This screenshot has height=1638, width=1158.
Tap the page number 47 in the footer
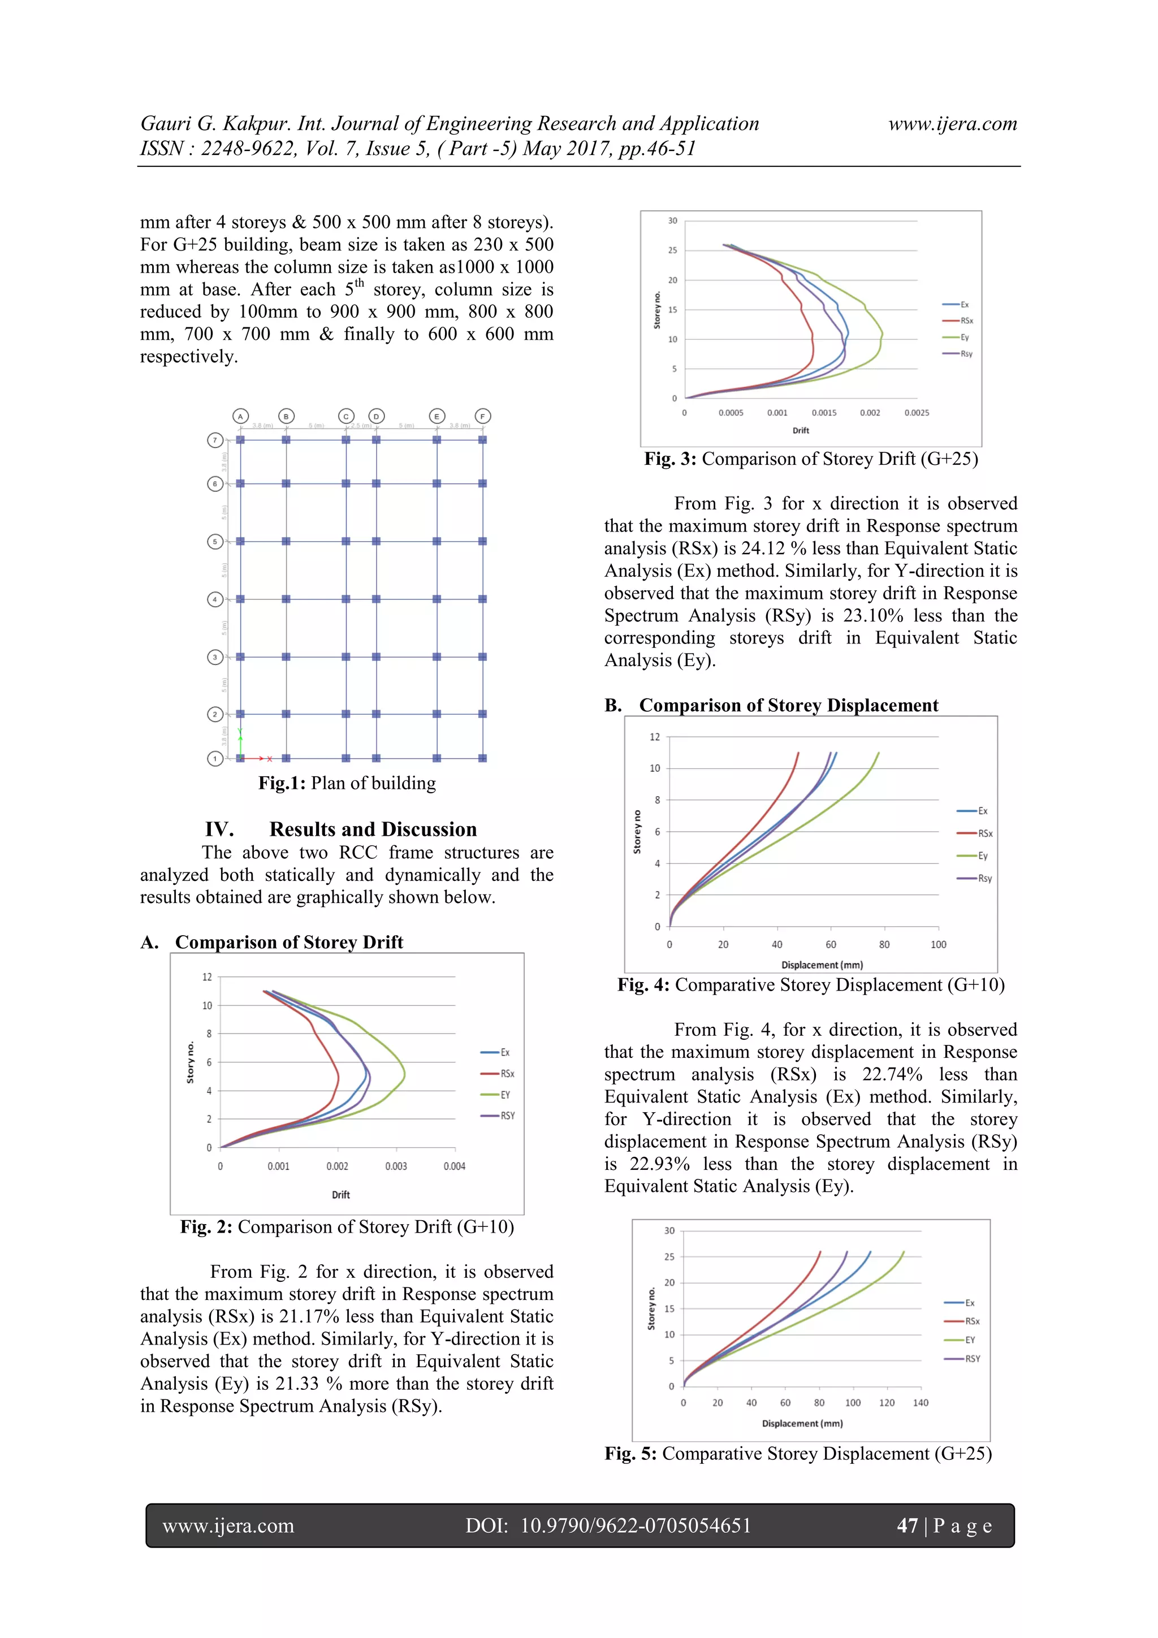pyautogui.click(x=907, y=1525)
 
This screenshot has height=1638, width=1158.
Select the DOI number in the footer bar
pyautogui.click(x=635, y=1525)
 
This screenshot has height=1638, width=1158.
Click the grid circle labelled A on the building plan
pyautogui.click(x=240, y=416)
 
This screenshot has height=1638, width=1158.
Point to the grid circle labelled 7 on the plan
pyautogui.click(x=215, y=440)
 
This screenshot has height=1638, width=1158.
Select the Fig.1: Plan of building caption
pyautogui.click(x=347, y=783)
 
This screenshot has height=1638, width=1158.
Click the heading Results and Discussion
pyautogui.click(x=373, y=829)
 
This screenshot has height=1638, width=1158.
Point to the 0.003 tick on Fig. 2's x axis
pyautogui.click(x=396, y=1166)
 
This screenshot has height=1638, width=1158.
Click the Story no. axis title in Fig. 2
pyautogui.click(x=191, y=1062)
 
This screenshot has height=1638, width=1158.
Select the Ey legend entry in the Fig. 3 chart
pyautogui.click(x=964, y=338)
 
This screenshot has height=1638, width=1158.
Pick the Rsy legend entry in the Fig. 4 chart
pyautogui.click(x=984, y=878)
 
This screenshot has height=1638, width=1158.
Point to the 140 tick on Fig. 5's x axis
pyautogui.click(x=921, y=1403)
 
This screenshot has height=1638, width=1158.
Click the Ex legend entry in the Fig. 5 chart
pyautogui.click(x=969, y=1303)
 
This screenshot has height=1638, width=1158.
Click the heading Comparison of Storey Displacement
pyautogui.click(x=788, y=706)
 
